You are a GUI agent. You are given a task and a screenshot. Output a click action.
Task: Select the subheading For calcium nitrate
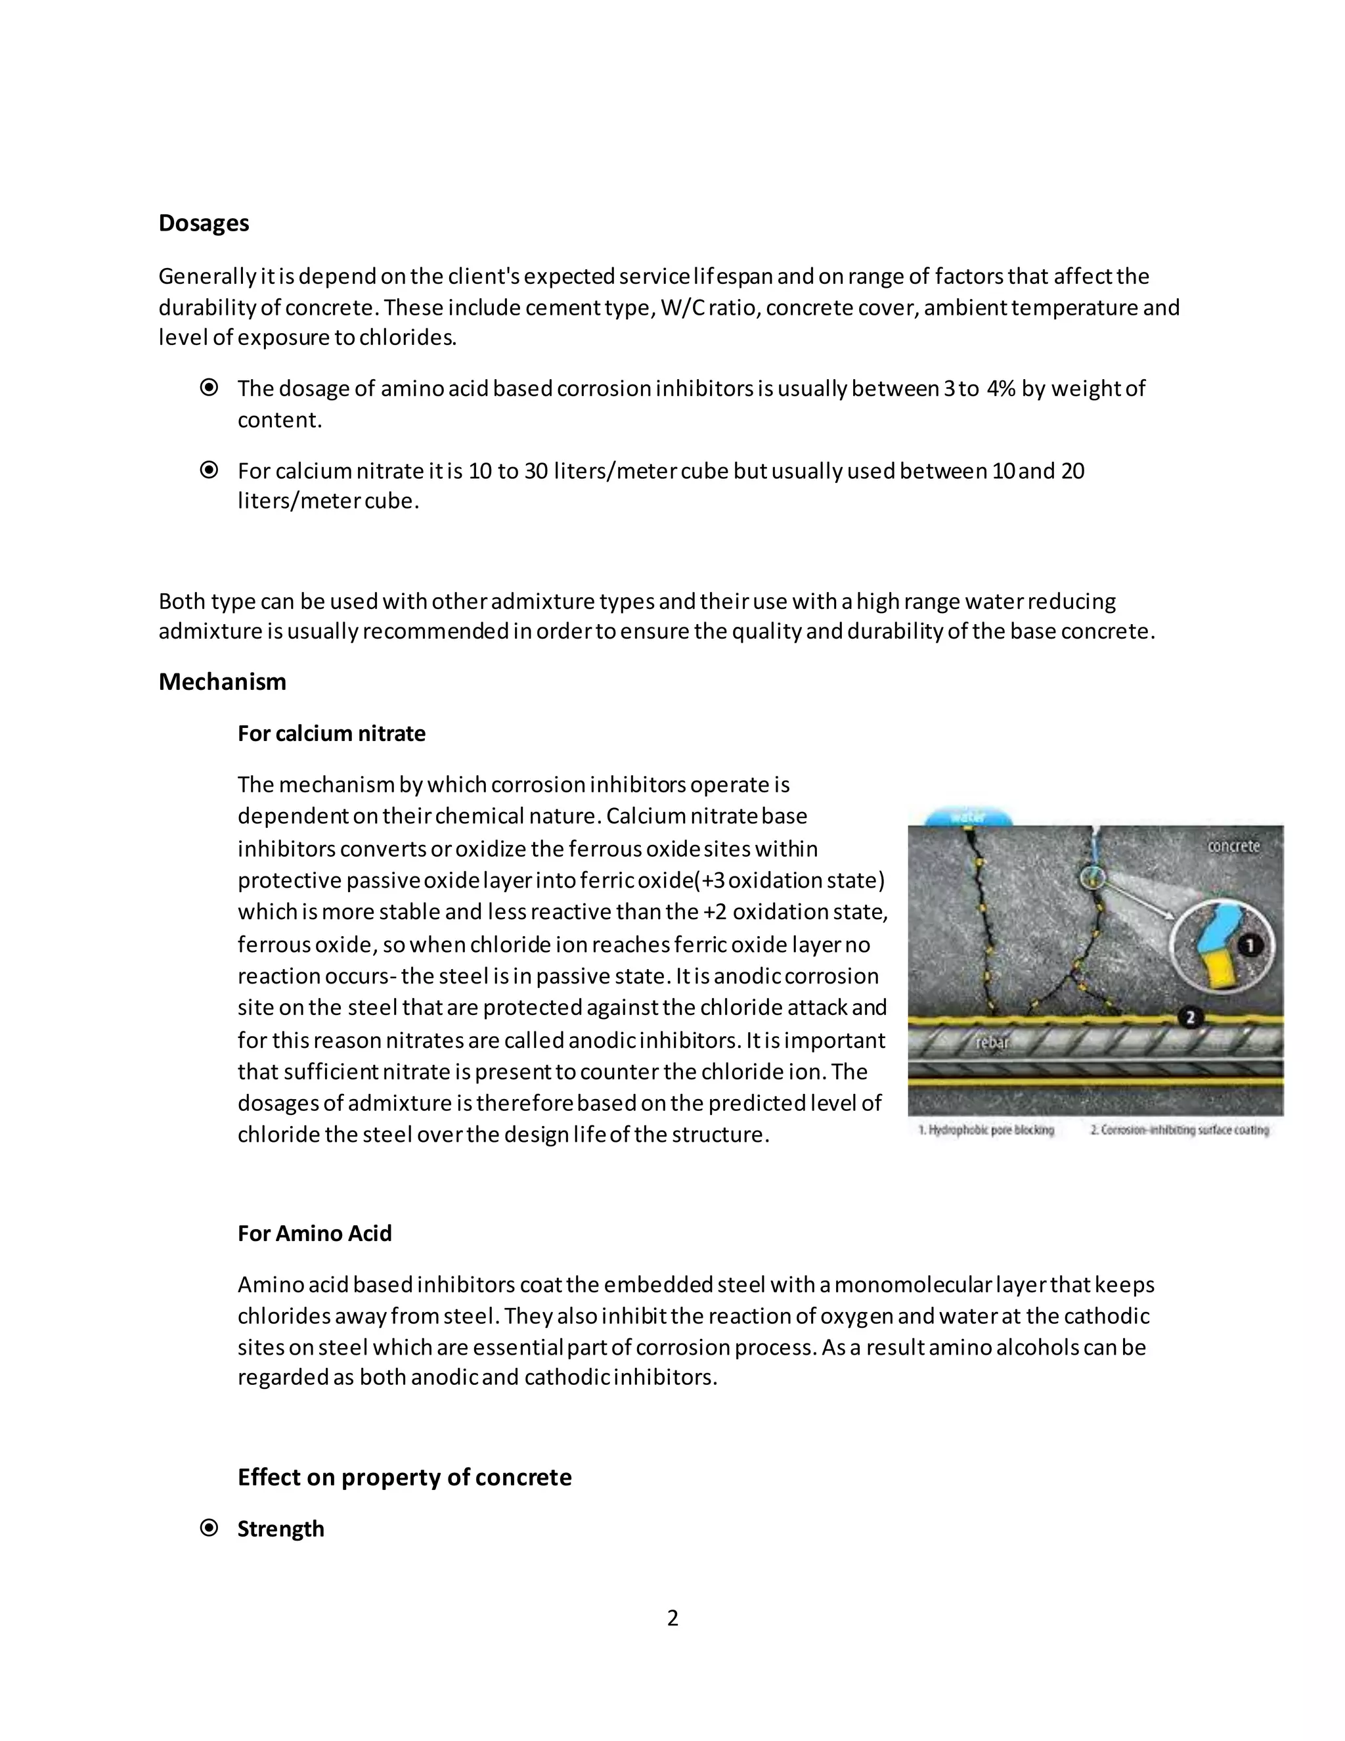click(332, 733)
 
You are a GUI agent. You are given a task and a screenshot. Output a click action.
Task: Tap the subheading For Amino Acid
click(315, 1233)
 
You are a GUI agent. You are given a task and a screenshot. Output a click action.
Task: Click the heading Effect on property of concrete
click(404, 1477)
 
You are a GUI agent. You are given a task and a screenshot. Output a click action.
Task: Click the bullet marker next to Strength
click(209, 1528)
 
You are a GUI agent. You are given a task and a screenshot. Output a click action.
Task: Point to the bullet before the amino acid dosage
click(209, 388)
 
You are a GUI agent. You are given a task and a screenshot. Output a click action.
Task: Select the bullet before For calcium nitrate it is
click(209, 470)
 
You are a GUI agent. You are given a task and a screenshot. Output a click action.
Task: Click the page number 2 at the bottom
click(672, 1618)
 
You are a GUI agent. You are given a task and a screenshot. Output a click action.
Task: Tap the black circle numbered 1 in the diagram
click(1249, 946)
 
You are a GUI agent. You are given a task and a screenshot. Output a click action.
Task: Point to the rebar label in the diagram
click(993, 1042)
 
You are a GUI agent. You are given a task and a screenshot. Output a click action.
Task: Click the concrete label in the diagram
click(1233, 846)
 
